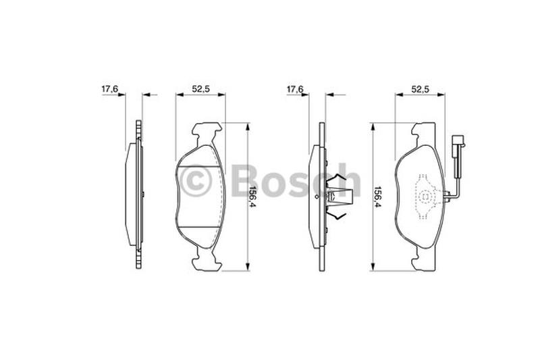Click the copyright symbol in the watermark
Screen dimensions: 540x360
click(x=195, y=180)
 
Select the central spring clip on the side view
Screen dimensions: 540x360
click(x=340, y=197)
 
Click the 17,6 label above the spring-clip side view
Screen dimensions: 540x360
click(x=295, y=89)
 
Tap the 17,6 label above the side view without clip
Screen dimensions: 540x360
click(x=109, y=89)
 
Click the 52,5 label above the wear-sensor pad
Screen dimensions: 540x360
click(x=420, y=89)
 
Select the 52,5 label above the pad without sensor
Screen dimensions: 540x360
click(x=200, y=89)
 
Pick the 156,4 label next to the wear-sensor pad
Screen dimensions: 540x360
click(x=377, y=197)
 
